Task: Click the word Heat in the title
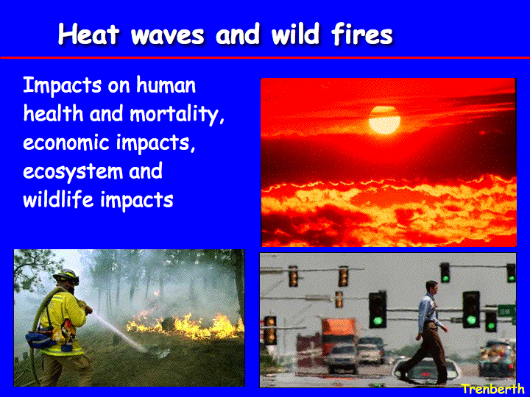pyautogui.click(x=89, y=34)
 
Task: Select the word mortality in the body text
pyautogui.click(x=177, y=114)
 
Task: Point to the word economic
pyautogui.click(x=66, y=142)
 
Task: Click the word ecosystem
pyautogui.click(x=73, y=172)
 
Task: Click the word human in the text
pyautogui.click(x=166, y=85)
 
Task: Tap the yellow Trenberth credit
pyautogui.click(x=492, y=389)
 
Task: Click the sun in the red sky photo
pyautogui.click(x=384, y=120)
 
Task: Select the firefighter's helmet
pyautogui.click(x=66, y=276)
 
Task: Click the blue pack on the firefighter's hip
pyautogui.click(x=40, y=339)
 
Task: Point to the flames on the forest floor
pyautogui.click(x=185, y=326)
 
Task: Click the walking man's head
pyautogui.click(x=432, y=287)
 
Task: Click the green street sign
pyautogui.click(x=506, y=310)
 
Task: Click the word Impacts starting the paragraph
pyautogui.click(x=62, y=86)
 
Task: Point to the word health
pyautogui.click(x=53, y=113)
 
